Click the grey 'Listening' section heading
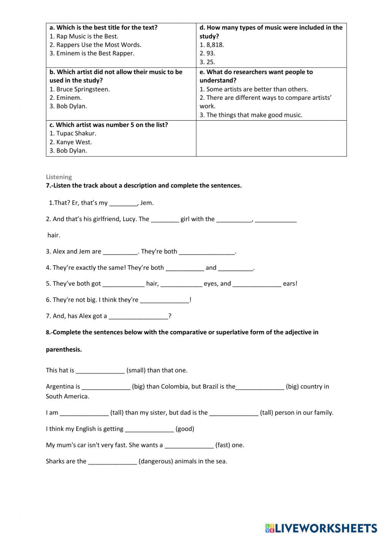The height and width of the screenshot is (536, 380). (59, 177)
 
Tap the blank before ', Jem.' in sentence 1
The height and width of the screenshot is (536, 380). (123, 203)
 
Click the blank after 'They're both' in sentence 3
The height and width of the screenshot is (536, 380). (207, 252)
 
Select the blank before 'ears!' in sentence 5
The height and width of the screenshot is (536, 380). (256, 284)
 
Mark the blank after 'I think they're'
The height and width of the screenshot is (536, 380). (165, 300)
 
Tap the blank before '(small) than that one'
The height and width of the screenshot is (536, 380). (100, 371)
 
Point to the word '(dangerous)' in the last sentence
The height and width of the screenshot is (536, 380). (156, 462)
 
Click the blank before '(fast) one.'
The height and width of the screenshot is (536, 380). (189, 446)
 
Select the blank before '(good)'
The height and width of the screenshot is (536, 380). (149, 429)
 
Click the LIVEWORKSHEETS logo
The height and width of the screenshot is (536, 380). (321, 528)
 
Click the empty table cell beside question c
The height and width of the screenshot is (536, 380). (271, 138)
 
